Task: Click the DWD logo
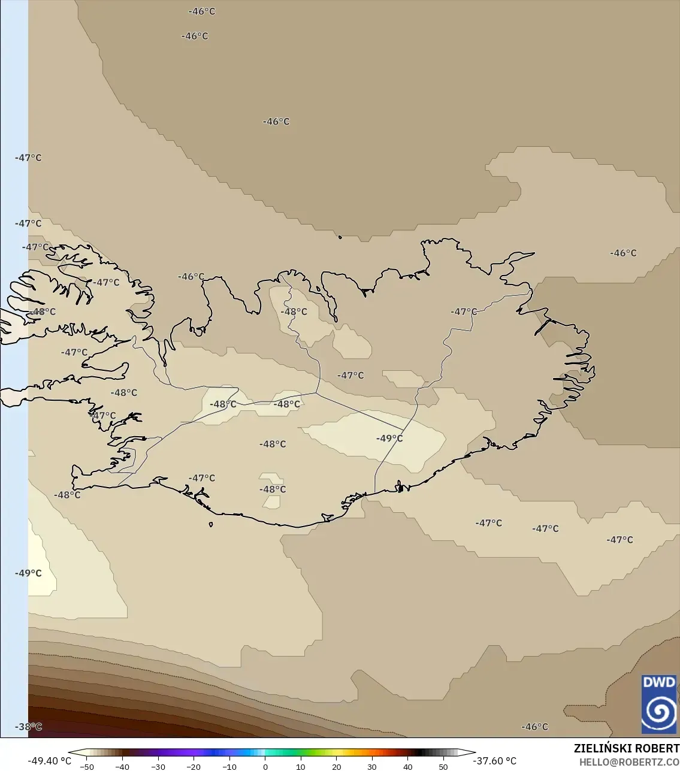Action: tap(659, 704)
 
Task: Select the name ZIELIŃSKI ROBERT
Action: tap(626, 748)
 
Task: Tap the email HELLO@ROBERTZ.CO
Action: tap(629, 762)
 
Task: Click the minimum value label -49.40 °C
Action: tap(49, 761)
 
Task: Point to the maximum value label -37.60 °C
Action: tap(494, 761)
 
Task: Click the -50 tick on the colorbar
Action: tap(86, 767)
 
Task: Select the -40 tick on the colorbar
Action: tap(122, 767)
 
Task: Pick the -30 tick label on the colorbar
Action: tap(158, 767)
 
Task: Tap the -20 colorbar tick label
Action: tap(194, 767)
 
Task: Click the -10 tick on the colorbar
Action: tap(229, 767)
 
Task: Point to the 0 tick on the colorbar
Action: tap(265, 767)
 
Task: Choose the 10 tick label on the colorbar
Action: tap(300, 767)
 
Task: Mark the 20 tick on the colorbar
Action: tap(336, 767)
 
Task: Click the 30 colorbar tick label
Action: tap(371, 767)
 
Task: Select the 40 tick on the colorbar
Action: tap(407, 767)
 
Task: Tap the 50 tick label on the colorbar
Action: tap(443, 767)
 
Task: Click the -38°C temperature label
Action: tap(28, 727)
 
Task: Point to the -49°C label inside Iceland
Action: tap(389, 439)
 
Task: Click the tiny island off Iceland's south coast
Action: tap(211, 525)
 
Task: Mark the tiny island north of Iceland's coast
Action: tap(340, 237)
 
